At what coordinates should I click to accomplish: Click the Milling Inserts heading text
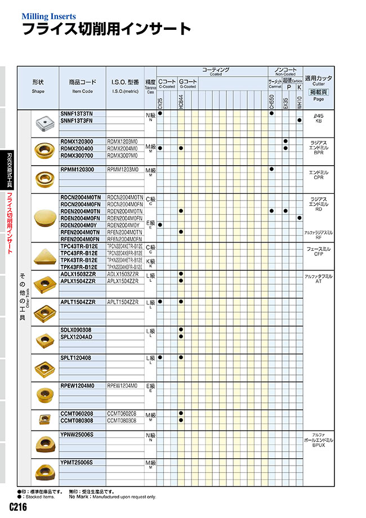48,17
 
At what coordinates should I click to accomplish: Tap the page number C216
18,507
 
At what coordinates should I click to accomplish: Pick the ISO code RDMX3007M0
122,155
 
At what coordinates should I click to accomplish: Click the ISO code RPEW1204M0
122,386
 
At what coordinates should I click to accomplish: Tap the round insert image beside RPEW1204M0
43,393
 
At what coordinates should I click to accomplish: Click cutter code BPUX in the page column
318,445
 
